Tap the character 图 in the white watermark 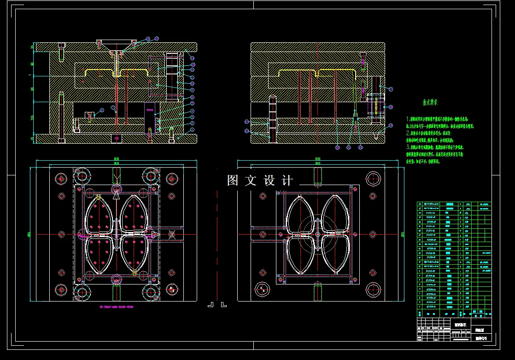tap(233, 180)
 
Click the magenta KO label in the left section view tap(116, 138)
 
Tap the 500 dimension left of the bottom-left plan tap(29, 234)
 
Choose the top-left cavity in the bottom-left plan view tap(98, 213)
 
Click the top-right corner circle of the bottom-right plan tap(373, 178)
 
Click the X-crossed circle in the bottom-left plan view tap(171, 234)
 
